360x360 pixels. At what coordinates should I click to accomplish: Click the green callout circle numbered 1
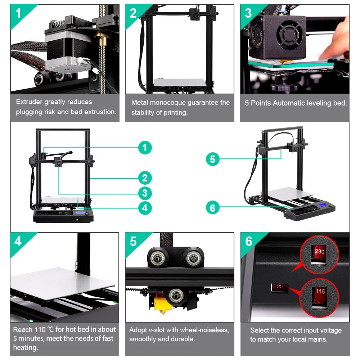[145, 148]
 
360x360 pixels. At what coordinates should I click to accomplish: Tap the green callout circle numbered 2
[145, 178]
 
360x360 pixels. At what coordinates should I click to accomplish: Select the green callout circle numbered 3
[145, 193]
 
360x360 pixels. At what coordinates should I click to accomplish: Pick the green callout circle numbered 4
[145, 208]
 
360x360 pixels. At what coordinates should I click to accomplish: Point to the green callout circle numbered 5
[212, 159]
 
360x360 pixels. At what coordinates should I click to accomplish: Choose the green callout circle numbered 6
[212, 208]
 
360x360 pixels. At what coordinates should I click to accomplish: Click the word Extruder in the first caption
[29, 102]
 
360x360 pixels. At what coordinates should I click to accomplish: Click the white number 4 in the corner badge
[18, 241]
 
